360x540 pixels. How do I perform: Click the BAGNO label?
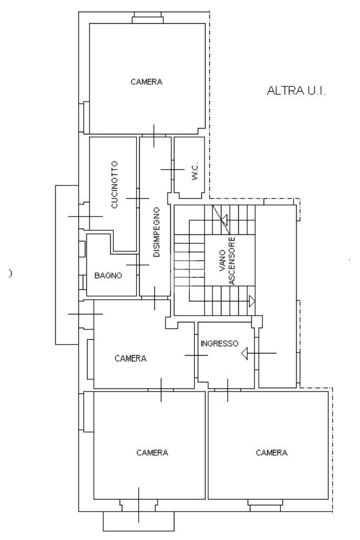[x=109, y=276]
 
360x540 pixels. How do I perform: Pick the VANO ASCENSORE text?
[x=227, y=261]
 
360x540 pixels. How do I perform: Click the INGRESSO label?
[x=220, y=343]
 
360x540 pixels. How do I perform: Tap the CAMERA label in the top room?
[x=146, y=82]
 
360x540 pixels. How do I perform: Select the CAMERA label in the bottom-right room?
[x=271, y=453]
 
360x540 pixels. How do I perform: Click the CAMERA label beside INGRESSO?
[x=130, y=358]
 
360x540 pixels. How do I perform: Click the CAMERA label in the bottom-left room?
[x=152, y=453]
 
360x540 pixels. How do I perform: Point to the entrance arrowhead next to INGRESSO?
[x=245, y=353]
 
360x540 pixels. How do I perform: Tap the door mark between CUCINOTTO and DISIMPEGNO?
[x=138, y=198]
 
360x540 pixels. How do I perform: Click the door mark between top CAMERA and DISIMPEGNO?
[x=153, y=135]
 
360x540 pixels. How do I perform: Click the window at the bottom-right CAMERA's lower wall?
[x=265, y=507]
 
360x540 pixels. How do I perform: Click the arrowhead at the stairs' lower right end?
[x=252, y=301]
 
